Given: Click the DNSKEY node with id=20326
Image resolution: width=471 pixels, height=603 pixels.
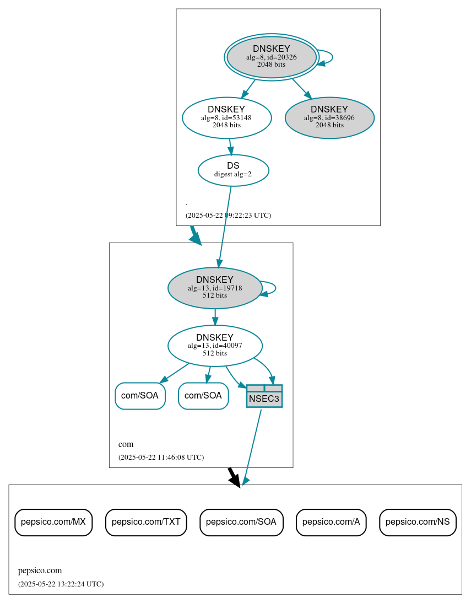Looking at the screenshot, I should [x=271, y=57].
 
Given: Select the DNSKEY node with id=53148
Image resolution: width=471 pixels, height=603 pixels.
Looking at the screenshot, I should [x=226, y=117].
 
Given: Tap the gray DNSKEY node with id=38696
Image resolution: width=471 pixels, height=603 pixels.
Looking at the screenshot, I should [x=329, y=117].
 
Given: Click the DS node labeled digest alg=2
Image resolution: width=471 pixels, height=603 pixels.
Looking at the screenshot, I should [x=233, y=170].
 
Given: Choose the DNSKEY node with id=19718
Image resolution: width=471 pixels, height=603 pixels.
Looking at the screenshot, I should [x=215, y=288].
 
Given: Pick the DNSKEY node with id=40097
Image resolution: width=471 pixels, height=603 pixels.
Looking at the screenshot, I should [x=215, y=346].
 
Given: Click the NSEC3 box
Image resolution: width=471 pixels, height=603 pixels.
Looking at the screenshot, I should [x=264, y=396].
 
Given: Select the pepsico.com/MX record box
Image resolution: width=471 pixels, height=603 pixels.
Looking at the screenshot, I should [x=53, y=522].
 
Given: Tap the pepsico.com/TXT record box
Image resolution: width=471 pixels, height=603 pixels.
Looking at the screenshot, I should [x=146, y=522].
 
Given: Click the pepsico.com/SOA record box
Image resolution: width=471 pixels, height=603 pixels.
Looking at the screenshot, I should [x=241, y=522].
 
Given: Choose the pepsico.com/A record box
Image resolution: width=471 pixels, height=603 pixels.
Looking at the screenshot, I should [x=331, y=522].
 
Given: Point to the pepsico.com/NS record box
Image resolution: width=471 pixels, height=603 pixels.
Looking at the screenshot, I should [x=418, y=522].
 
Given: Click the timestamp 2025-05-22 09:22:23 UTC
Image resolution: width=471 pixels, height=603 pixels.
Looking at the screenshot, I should [x=228, y=216].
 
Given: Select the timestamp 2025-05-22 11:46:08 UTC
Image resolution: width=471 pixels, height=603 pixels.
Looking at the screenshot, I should [x=161, y=457].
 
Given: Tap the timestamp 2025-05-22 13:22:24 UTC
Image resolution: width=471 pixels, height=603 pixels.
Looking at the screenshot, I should [x=61, y=584].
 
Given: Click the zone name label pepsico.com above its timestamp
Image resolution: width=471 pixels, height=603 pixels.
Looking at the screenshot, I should [x=40, y=570].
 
